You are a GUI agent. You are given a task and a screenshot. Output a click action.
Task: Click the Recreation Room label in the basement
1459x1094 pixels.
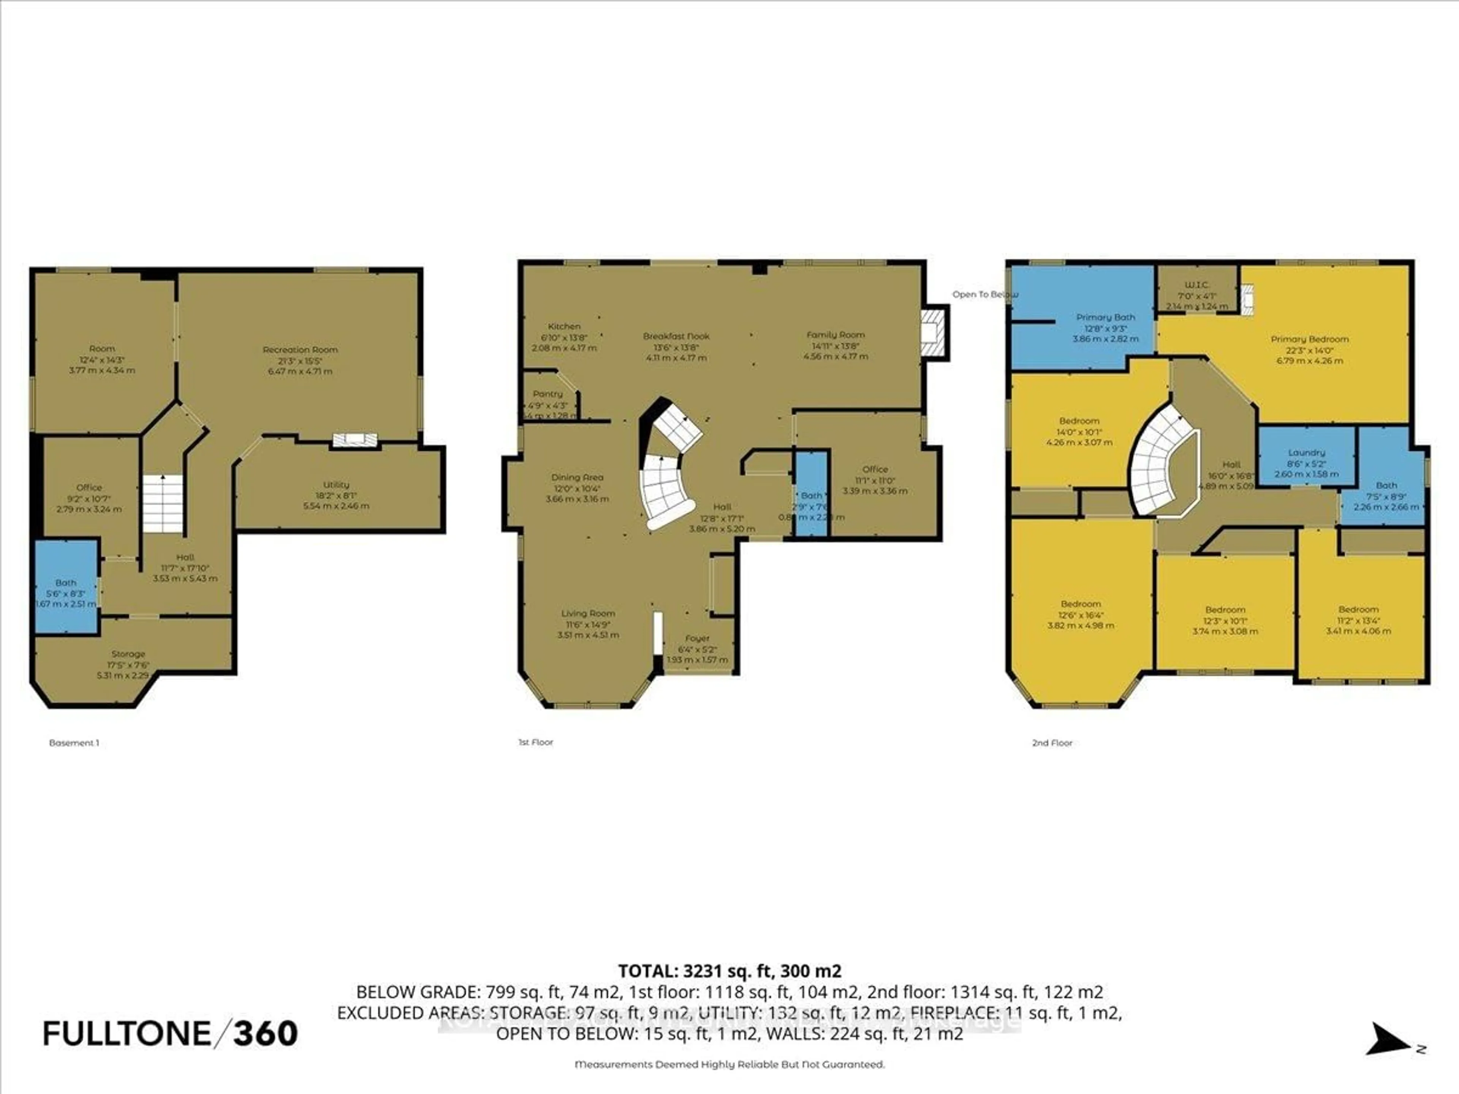point(300,349)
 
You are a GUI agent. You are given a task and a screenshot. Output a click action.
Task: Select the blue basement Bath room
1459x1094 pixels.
point(66,587)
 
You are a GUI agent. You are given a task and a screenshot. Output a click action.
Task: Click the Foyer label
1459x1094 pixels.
point(697,638)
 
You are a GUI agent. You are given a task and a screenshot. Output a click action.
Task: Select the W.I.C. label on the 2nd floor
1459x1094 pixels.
point(1197,285)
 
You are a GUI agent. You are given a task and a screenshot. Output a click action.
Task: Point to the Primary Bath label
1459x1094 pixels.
point(1106,317)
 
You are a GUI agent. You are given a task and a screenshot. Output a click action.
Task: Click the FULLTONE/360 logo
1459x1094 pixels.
point(170,1033)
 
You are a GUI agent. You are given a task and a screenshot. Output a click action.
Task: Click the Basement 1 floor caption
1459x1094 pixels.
point(74,743)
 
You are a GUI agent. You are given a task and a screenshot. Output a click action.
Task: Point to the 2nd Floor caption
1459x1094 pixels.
point(1052,743)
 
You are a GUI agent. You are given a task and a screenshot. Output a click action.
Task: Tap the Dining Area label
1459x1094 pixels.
point(577,477)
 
